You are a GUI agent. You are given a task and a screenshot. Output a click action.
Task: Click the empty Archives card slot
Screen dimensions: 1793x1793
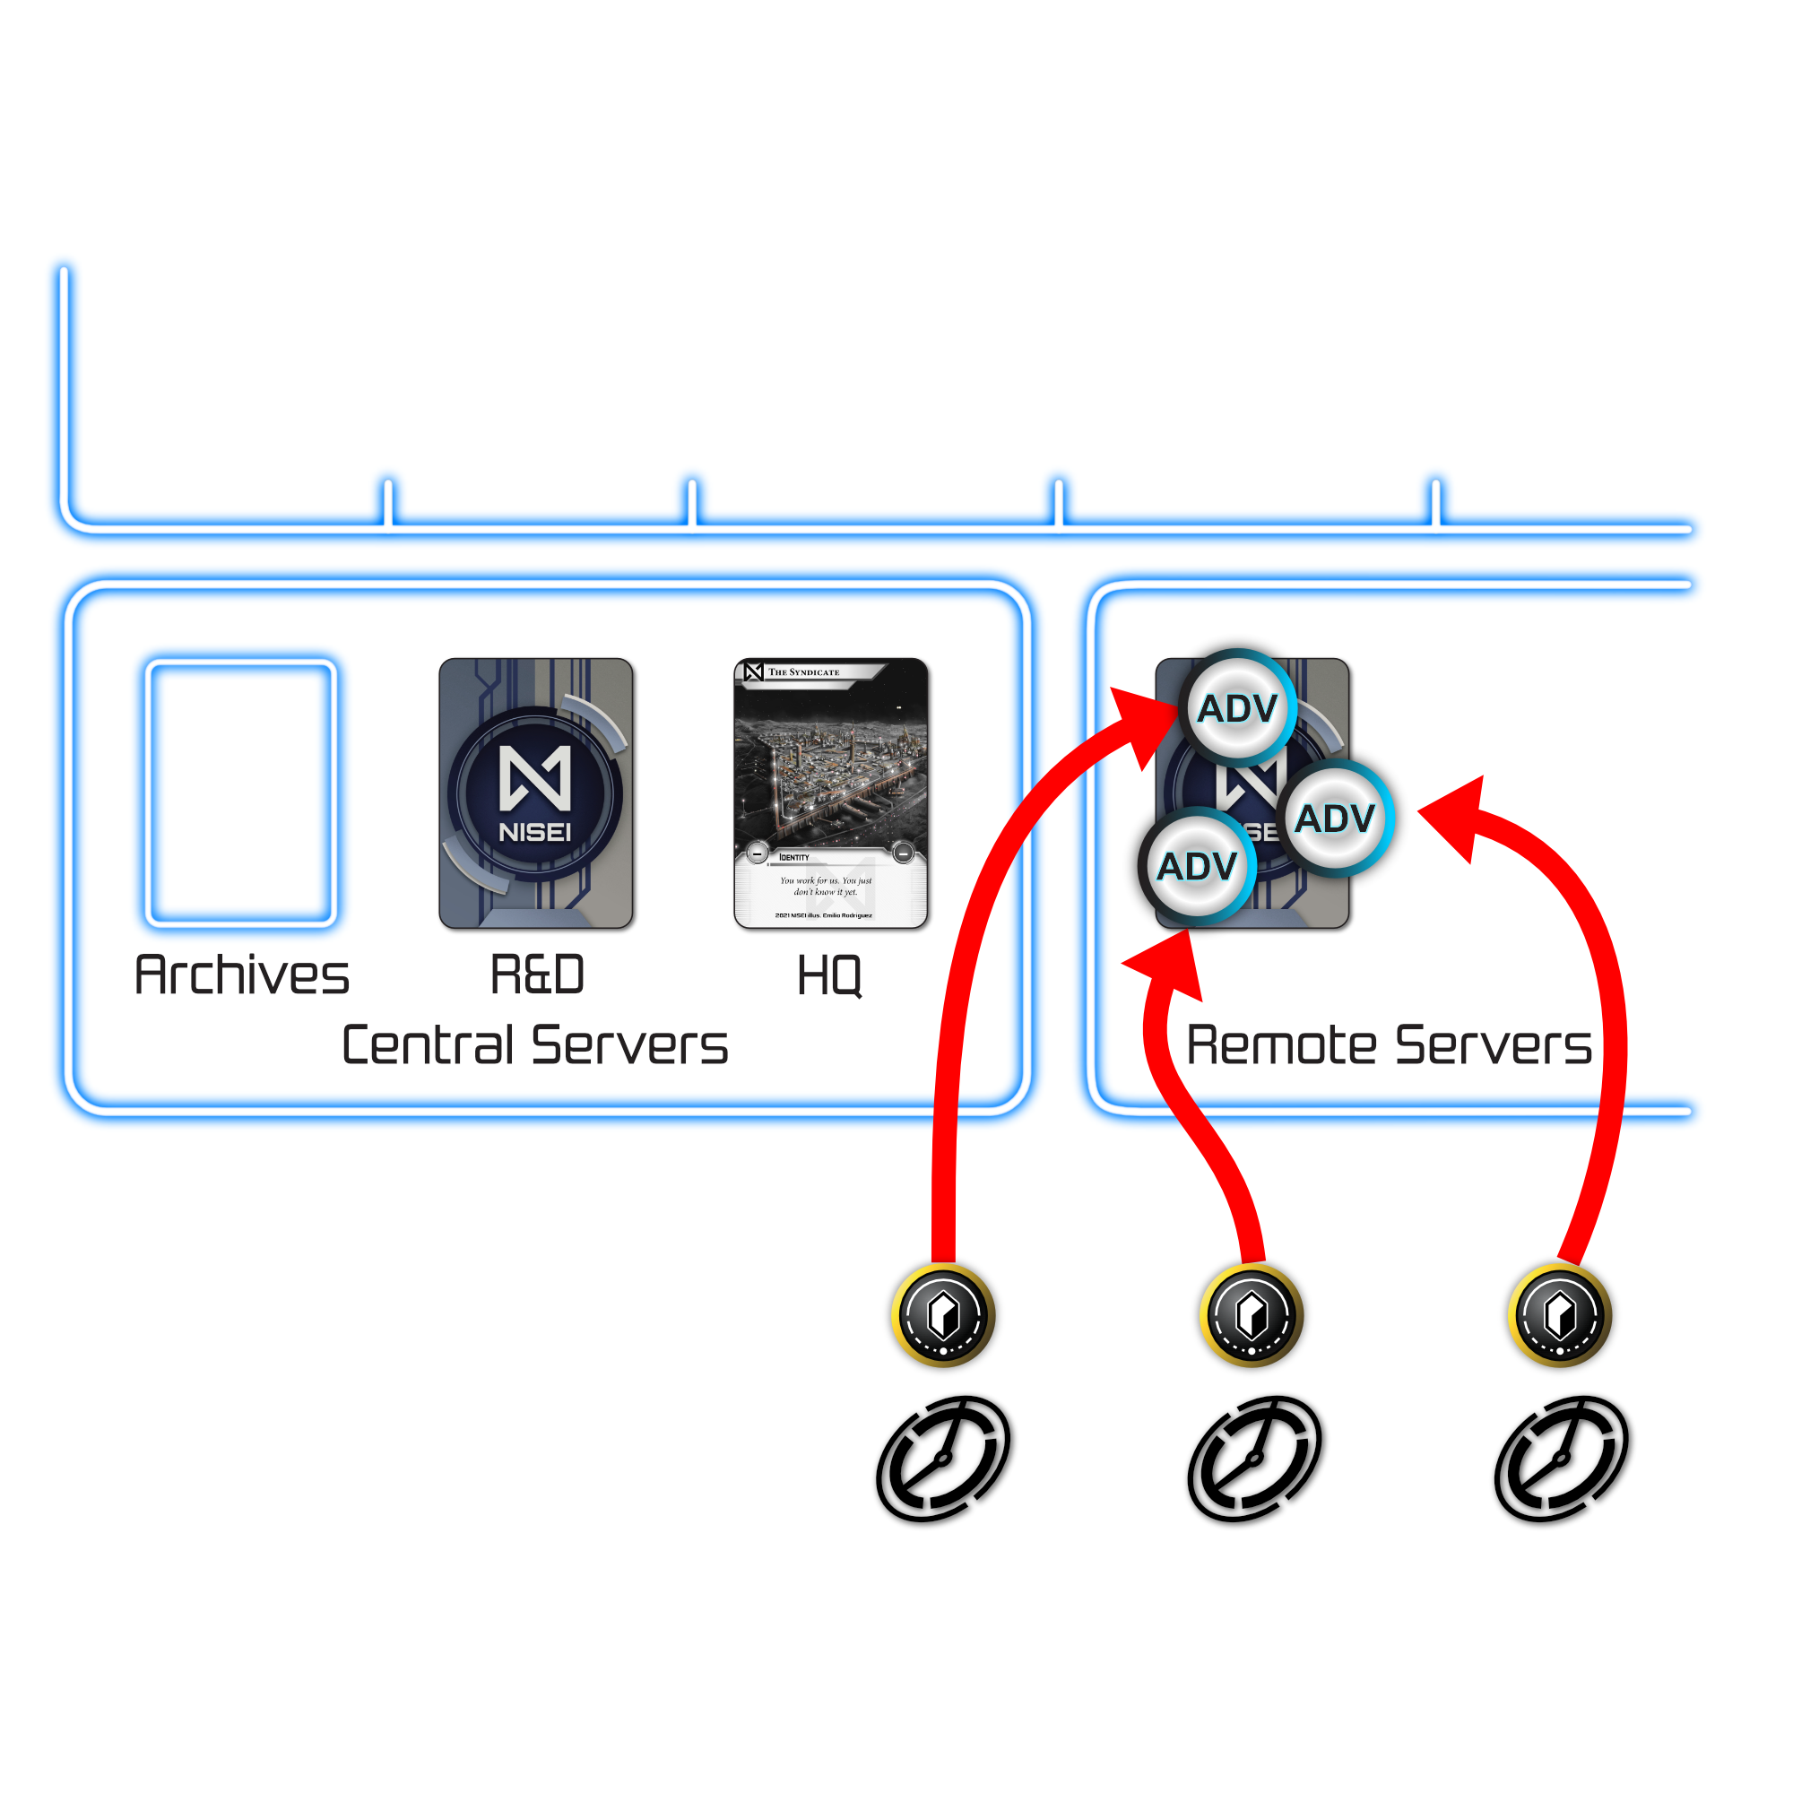click(240, 793)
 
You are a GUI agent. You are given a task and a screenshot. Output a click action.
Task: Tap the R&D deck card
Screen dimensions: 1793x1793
click(535, 793)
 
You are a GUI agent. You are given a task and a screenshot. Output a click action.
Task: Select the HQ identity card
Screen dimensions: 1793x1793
click(831, 793)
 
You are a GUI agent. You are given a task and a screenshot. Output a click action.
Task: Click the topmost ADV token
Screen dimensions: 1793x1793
click(1237, 709)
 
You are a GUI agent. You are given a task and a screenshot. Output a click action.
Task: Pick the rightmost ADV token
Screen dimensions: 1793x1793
click(1335, 819)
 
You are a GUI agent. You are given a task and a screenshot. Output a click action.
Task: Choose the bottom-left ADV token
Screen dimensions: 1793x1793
click(1197, 867)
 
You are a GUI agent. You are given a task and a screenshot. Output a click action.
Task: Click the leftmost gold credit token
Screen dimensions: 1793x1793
click(943, 1315)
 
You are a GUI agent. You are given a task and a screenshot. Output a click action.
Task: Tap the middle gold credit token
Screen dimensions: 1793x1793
click(1251, 1315)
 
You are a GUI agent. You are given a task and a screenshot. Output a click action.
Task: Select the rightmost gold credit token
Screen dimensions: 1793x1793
click(1559, 1315)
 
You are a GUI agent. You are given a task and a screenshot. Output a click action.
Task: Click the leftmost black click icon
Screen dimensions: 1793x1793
click(943, 1459)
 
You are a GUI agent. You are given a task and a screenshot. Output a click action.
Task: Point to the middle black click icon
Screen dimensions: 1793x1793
click(1253, 1459)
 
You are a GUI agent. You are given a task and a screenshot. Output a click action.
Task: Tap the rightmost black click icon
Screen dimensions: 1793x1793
click(1561, 1459)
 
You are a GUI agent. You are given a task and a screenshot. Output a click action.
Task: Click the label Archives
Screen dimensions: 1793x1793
click(241, 975)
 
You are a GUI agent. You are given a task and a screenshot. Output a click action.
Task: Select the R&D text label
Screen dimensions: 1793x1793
click(536, 975)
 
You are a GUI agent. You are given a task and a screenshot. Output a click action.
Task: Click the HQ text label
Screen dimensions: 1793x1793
click(829, 976)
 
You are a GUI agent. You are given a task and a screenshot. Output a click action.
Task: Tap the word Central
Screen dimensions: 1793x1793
click(428, 1045)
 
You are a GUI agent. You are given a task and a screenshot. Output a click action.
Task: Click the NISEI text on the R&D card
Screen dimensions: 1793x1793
click(535, 833)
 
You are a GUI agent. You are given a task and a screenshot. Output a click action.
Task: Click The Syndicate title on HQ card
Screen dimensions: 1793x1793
click(802, 671)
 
